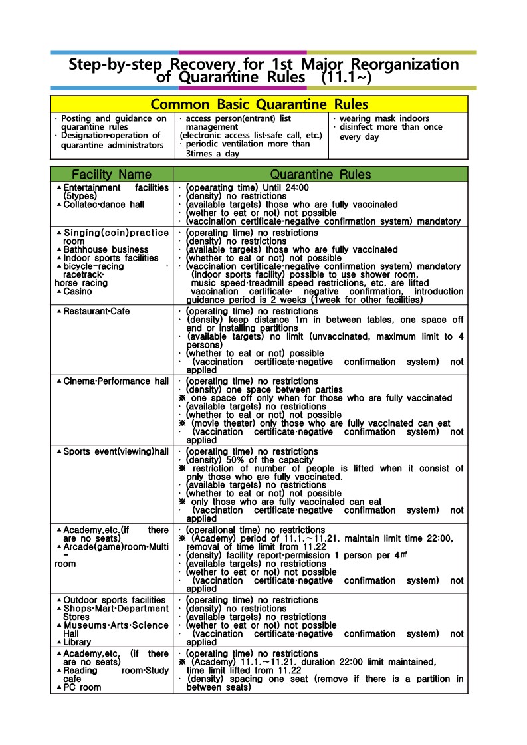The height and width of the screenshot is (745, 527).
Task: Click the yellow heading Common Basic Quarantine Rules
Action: pyautogui.click(x=259, y=104)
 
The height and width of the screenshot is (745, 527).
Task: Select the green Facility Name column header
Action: pyautogui.click(x=111, y=175)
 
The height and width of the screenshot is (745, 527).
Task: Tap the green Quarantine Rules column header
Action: pyautogui.click(x=320, y=175)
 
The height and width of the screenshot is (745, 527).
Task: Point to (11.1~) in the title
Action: pyautogui.click(x=346, y=78)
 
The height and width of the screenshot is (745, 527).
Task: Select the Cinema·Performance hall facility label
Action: pyautogui.click(x=116, y=381)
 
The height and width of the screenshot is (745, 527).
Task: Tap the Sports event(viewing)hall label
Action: pyautogui.click(x=116, y=452)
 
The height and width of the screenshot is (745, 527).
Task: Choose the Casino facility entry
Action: pyautogui.click(x=78, y=291)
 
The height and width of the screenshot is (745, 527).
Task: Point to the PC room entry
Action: pyautogui.click(x=82, y=687)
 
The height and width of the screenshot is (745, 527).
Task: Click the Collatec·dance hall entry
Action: pyautogui.click(x=104, y=205)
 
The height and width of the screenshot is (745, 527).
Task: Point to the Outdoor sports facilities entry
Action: pyautogui.click(x=114, y=600)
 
